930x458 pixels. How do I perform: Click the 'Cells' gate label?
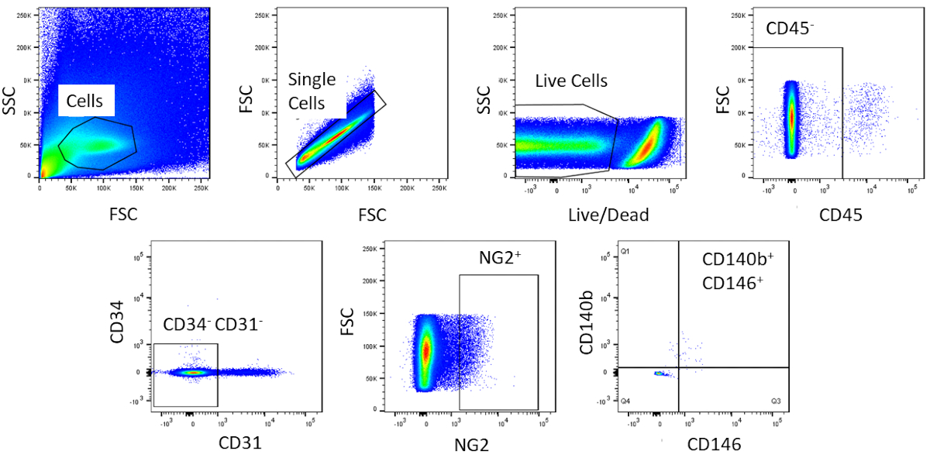[90, 102]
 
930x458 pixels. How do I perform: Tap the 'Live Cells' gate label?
[572, 81]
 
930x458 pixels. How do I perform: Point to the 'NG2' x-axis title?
[471, 444]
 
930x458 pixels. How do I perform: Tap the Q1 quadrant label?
[625, 253]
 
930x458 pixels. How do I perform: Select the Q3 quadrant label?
[775, 401]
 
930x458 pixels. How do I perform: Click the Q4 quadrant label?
[625, 401]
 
